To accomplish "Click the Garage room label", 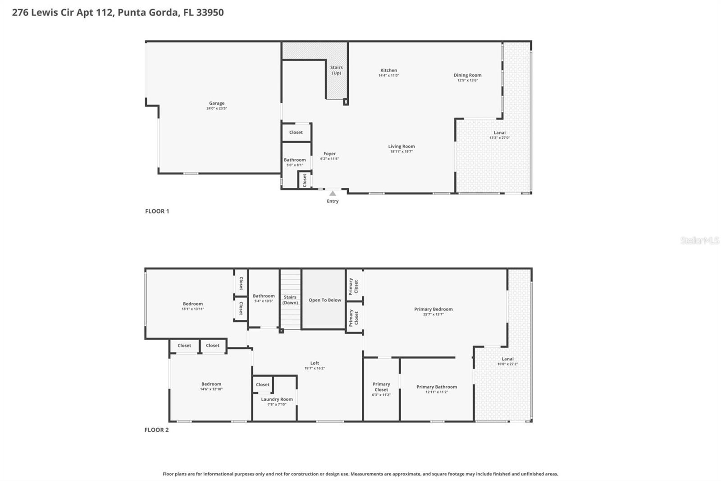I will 216,103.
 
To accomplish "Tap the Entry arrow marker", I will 333,194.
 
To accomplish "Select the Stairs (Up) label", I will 336,70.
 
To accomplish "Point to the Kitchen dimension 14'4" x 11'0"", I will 388,75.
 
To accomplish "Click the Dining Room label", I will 467,75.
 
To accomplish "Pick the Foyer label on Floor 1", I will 329,153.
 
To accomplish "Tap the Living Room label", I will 402,146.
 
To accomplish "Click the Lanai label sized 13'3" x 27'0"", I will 499,133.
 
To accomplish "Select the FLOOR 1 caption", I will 157,211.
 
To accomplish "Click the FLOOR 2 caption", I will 156,430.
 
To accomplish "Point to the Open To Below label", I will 324,300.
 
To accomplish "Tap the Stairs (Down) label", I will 290,300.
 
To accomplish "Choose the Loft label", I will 315,363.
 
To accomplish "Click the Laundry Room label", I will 277,399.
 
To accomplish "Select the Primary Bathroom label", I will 436,387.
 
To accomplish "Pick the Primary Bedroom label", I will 433,309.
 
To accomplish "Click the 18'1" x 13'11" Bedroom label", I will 193,304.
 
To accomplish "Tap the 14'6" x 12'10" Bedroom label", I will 211,384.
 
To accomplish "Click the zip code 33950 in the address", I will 210,12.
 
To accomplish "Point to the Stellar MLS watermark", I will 699,240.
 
